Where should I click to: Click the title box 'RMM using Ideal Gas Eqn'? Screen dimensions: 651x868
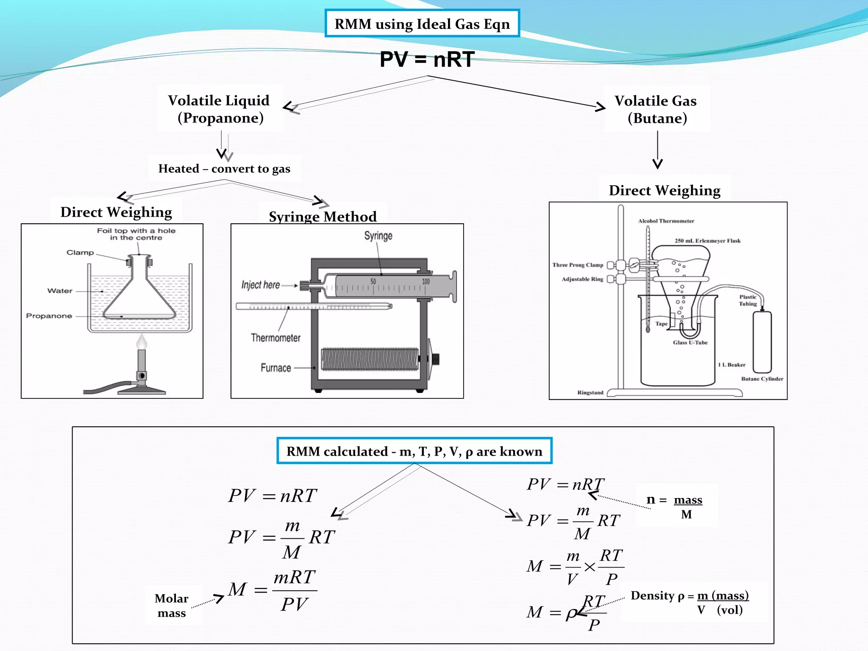tap(422, 24)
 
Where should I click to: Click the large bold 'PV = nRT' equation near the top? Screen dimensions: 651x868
tap(426, 59)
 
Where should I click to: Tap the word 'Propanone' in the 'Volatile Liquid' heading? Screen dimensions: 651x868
tap(220, 118)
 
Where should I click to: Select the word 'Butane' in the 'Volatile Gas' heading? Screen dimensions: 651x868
tap(657, 118)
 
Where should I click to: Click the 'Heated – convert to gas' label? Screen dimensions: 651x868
tap(224, 169)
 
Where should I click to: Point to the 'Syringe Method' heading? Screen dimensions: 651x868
tap(323, 217)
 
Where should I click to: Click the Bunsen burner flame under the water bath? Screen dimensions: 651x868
tap(142, 342)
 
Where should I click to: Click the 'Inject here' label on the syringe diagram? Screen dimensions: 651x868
tap(261, 285)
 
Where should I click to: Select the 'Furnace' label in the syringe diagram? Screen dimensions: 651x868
tap(276, 368)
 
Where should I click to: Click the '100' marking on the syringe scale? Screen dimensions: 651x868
tap(426, 281)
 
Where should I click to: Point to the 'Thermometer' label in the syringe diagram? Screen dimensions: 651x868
tap(275, 338)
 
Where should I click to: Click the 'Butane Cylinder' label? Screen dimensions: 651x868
tap(762, 379)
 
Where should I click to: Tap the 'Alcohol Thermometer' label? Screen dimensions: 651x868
tap(666, 221)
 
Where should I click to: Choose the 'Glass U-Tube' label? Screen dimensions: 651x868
tap(690, 342)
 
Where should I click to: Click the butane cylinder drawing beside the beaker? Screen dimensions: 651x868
tap(762, 341)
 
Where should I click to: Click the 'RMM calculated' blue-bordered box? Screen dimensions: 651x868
tap(414, 451)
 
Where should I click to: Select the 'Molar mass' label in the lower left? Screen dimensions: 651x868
tap(172, 606)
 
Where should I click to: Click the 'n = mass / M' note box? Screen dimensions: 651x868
tap(676, 506)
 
